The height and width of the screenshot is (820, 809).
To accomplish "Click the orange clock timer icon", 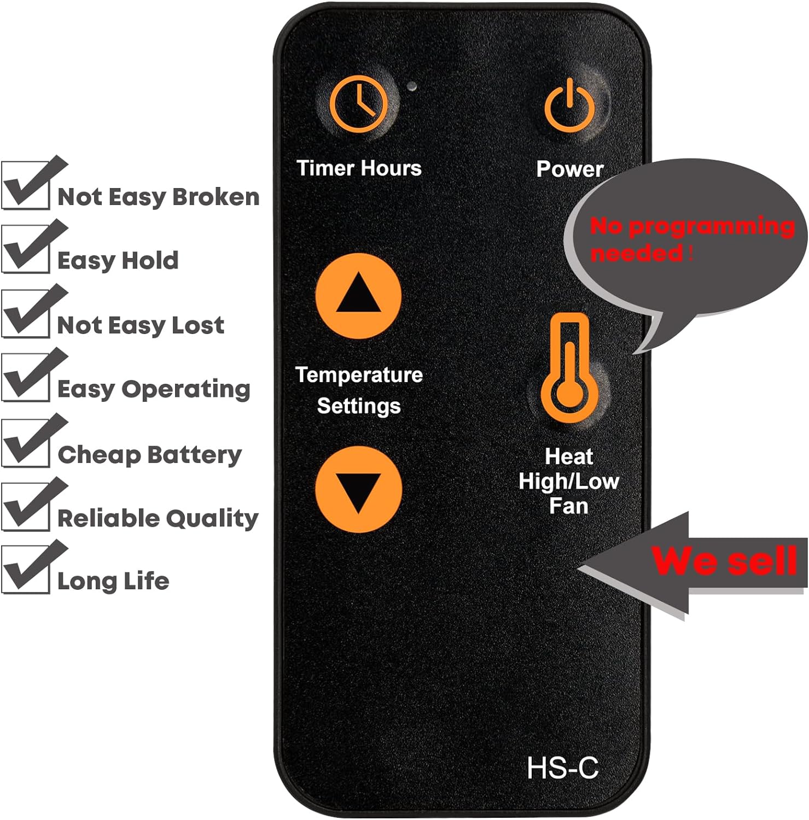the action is [x=359, y=104].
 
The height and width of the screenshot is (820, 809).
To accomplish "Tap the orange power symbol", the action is [x=569, y=104].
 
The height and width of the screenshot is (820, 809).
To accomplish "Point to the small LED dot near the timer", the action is [x=412, y=86].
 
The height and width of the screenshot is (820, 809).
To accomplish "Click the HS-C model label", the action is [x=562, y=768].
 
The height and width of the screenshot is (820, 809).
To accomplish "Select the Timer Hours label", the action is [x=359, y=168].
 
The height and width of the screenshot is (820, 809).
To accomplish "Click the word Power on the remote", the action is [x=569, y=169].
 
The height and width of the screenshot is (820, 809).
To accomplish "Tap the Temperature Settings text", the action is [x=359, y=390].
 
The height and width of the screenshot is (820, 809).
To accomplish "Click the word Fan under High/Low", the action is [x=569, y=506].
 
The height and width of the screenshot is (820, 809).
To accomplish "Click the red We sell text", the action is [x=724, y=561].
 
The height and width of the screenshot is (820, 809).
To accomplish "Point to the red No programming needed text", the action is [x=692, y=239].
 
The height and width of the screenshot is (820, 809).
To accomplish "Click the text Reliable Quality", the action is [x=158, y=518].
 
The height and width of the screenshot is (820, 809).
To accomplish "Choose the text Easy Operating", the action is [x=154, y=390].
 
